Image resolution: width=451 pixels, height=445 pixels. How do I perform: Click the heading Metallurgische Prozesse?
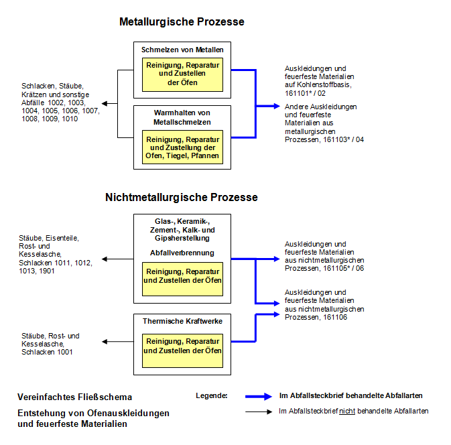tap(182, 22)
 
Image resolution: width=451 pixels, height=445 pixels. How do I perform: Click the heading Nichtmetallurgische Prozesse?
tap(181, 198)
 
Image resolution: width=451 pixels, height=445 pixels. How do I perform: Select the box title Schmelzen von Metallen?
tap(182, 50)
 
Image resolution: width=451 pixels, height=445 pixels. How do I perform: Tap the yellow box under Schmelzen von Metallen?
tap(182, 74)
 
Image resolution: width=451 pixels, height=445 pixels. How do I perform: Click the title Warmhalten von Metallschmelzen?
tap(182, 117)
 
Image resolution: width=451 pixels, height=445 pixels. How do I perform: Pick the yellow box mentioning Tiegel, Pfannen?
tap(182, 147)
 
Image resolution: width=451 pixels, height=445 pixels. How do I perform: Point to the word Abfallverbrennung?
tap(182, 253)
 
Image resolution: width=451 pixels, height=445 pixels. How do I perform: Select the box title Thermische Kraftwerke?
tap(182, 321)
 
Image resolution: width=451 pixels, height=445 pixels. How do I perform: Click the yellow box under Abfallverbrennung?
tap(182, 275)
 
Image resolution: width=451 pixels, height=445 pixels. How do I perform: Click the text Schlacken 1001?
tap(47, 352)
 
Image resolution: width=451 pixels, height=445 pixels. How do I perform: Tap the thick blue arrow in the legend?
tap(261, 395)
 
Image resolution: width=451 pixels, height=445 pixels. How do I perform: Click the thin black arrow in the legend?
tap(261, 411)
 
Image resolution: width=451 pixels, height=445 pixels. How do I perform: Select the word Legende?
tap(212, 395)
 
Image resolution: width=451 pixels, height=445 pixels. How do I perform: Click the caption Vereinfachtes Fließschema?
tap(75, 397)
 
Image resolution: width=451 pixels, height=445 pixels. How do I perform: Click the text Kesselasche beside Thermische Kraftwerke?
tap(42, 344)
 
